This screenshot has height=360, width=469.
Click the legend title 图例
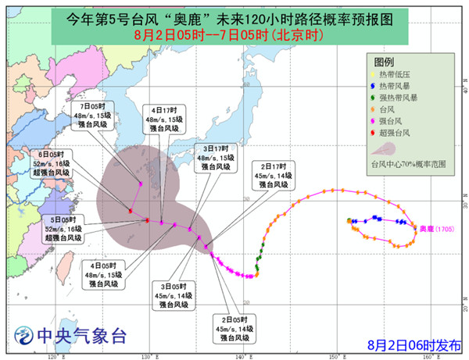pyautogui.click(x=384, y=61)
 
